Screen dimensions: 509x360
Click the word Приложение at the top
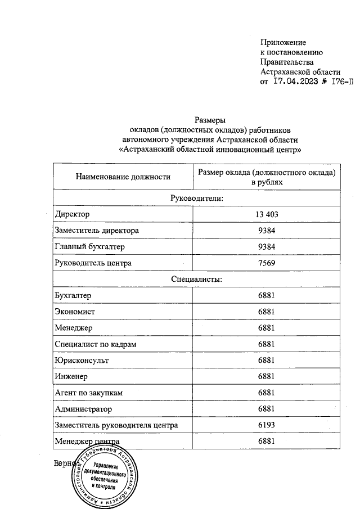(283, 43)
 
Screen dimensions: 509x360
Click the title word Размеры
(210, 120)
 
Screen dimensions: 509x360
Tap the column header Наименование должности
(123, 177)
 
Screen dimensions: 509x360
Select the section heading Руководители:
(197, 199)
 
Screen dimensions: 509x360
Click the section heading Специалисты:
(197, 279)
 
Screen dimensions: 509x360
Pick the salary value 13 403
(266, 215)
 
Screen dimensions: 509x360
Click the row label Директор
(72, 215)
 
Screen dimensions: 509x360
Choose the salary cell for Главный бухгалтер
(266, 247)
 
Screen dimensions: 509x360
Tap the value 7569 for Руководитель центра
(266, 263)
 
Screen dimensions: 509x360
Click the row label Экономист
(75, 312)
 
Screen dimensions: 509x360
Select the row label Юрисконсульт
(82, 360)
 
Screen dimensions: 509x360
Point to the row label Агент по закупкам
(88, 393)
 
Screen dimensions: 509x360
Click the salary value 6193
(266, 425)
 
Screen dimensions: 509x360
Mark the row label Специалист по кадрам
(96, 344)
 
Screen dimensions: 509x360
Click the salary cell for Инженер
(266, 376)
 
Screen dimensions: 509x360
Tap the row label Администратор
(83, 409)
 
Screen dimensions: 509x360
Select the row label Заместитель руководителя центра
(116, 425)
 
